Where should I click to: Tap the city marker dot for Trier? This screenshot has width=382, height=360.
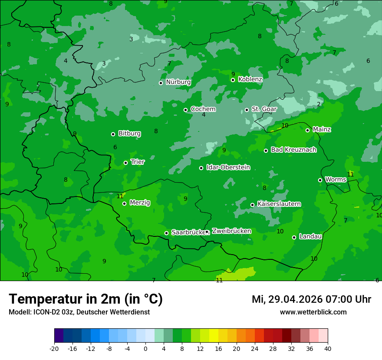(126, 163)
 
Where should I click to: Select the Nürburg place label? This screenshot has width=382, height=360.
(178, 82)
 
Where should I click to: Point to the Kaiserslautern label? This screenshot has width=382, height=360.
(279, 204)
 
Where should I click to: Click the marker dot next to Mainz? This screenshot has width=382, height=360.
(307, 130)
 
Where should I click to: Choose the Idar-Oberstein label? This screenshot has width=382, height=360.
(228, 167)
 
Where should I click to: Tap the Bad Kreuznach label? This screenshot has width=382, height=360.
(293, 150)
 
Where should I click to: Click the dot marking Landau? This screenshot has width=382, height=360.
(294, 237)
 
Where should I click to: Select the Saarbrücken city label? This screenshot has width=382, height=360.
(188, 232)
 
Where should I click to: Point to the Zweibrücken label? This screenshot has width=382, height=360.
(231, 231)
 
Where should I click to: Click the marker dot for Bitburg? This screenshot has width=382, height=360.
(113, 134)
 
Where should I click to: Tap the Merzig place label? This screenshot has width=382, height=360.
(140, 203)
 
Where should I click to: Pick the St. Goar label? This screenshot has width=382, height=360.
(264, 109)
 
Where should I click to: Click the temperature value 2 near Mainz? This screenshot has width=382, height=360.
(319, 104)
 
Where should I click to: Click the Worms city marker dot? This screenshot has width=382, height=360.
(320, 180)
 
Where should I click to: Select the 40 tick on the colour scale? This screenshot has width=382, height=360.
(328, 348)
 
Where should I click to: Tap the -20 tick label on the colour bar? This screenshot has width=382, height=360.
(54, 348)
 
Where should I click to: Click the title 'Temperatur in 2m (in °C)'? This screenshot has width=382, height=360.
(86, 299)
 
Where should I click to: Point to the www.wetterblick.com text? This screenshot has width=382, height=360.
(313, 312)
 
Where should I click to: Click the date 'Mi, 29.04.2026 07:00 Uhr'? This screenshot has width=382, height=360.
(311, 299)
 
